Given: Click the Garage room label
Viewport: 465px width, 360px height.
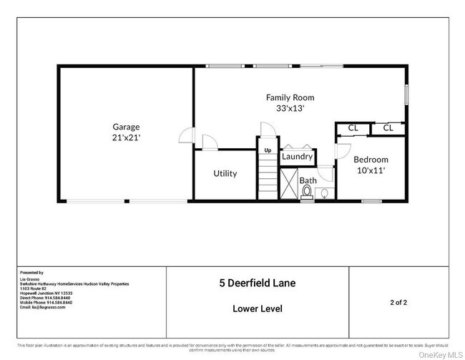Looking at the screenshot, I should tap(125, 126).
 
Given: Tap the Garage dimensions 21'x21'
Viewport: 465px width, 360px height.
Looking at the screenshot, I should tap(125, 137).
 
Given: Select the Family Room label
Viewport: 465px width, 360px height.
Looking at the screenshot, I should tap(290, 97).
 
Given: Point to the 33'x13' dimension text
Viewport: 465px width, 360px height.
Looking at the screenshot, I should tap(290, 109).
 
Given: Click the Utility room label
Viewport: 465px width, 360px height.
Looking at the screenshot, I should tap(225, 173).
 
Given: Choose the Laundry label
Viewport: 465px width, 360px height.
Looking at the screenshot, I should tap(296, 156).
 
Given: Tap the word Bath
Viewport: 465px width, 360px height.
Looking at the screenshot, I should tap(308, 180).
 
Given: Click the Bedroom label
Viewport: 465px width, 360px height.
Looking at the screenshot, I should tap(371, 160).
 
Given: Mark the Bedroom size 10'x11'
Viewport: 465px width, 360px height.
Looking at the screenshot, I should tap(371, 170).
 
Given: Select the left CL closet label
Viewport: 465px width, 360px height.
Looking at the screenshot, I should tap(353, 128).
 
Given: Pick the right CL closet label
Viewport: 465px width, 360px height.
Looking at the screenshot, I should tap(388, 128).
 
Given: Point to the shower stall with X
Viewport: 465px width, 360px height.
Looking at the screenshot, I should tap(289, 184).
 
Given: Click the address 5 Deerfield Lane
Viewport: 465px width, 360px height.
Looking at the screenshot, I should tap(257, 283).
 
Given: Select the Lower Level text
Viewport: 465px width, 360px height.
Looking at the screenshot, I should tap(257, 309).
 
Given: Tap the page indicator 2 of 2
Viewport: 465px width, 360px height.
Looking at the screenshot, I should tap(399, 303).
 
